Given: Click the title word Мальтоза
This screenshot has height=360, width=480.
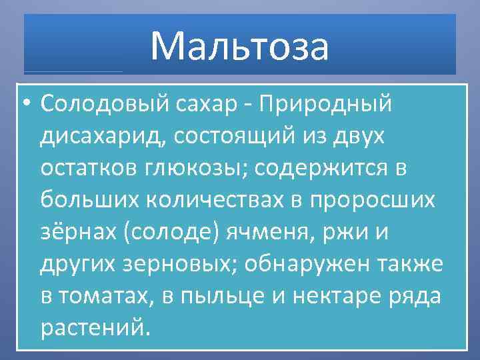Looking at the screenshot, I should (x=239, y=46).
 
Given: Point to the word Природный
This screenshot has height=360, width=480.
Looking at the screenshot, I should (x=325, y=105).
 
